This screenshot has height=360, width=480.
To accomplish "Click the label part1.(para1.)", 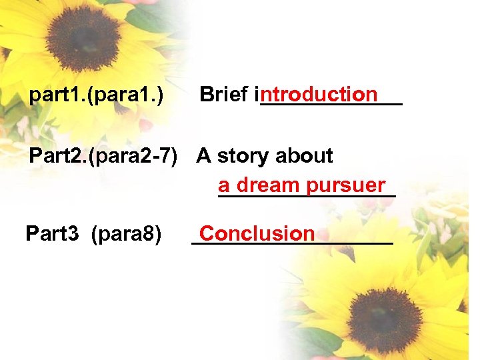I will [97, 96].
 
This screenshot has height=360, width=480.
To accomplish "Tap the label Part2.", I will [55, 156].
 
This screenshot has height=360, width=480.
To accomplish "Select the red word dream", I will [267, 185].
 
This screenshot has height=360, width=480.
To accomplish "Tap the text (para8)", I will [127, 234].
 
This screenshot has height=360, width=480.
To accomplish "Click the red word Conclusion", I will [257, 233].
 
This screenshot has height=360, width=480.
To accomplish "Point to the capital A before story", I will [204, 156].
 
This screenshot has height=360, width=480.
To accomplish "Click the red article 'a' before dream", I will [223, 185].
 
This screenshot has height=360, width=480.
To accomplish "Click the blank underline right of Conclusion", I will [353, 243].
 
